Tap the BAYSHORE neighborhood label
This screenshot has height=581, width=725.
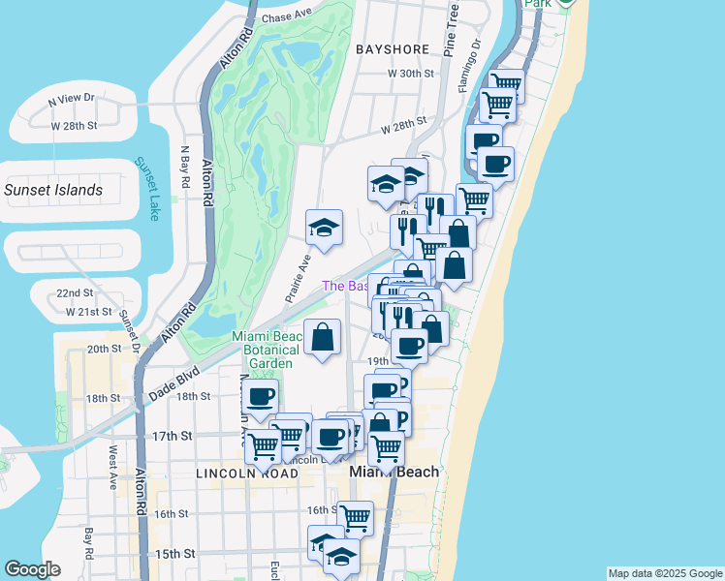coord(392,48)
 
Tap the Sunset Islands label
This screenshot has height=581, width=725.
coord(53,190)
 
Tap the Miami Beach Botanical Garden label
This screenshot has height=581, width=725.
coord(263,350)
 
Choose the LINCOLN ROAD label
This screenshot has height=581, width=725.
coord(246,474)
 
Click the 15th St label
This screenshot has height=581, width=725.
coord(174,554)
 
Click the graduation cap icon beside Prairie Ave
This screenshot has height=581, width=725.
coord(324,228)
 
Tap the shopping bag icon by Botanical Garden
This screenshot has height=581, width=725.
coord(322,338)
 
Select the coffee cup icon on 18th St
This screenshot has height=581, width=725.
coord(260,396)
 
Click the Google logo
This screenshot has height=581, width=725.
coord(33,569)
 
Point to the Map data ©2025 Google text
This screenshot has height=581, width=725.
coord(664,573)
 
